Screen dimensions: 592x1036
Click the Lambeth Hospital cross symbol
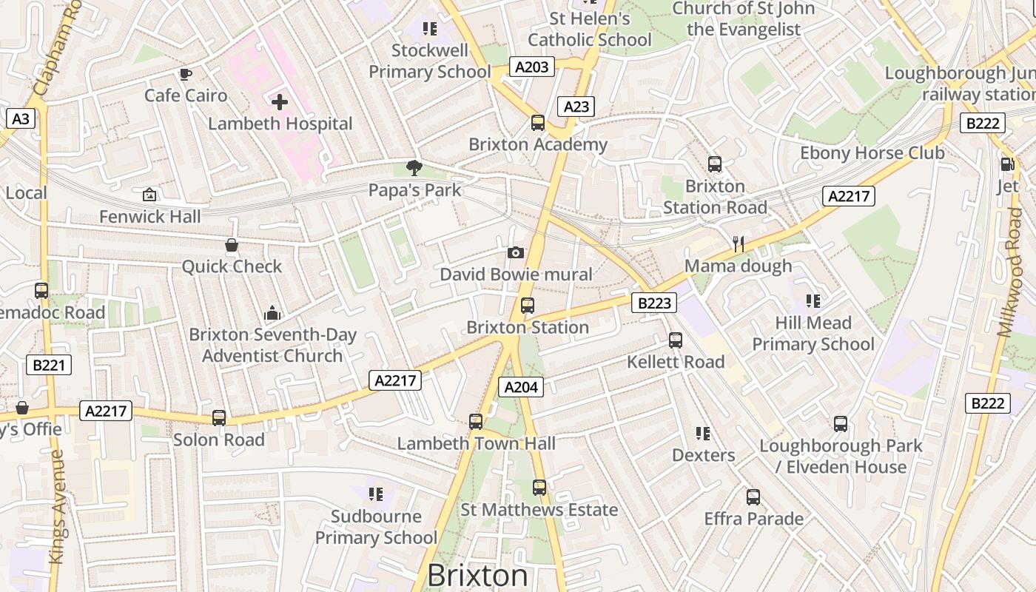pos(280,102)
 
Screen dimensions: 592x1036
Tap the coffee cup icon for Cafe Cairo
pos(186,74)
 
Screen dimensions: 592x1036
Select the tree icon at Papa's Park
pos(414,169)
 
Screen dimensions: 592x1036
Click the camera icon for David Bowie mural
pos(516,253)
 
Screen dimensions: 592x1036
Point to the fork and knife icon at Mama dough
pos(738,244)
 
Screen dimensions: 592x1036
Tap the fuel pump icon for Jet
pos(1007,164)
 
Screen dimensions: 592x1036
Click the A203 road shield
pos(532,67)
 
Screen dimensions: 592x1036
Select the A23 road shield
pos(576,107)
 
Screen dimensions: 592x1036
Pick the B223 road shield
pos(654,302)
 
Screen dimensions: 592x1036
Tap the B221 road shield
pos(50,364)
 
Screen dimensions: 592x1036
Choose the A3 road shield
pos(21,118)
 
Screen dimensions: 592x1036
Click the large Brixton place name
pos(478,576)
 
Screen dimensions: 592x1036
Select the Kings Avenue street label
pos(57,507)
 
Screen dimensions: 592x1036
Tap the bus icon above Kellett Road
pos(676,340)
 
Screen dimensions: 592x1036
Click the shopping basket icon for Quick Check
pos(232,245)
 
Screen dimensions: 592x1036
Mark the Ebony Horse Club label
pos(872,153)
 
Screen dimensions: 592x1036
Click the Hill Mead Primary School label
pos(813,334)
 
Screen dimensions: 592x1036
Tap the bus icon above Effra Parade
pos(753,497)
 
